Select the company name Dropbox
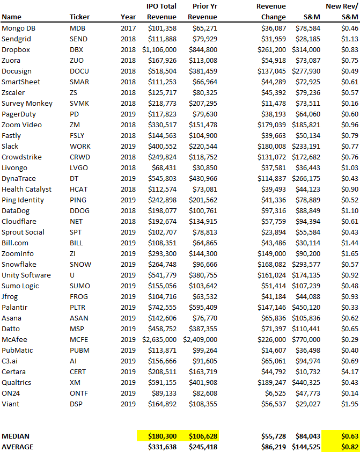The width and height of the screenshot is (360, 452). click(x=16, y=49)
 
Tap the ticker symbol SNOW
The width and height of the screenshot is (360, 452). click(x=80, y=264)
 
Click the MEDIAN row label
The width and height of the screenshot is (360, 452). click(x=16, y=436)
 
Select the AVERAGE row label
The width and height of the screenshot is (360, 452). click(x=17, y=447)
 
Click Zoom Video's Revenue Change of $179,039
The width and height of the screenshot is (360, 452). click(x=271, y=125)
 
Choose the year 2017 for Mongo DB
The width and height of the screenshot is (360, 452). click(x=128, y=28)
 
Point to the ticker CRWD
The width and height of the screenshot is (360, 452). click(x=80, y=157)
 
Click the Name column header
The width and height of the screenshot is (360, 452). click(x=11, y=17)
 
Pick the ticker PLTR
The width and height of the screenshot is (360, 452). click(x=79, y=307)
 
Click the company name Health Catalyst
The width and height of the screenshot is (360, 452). click(x=26, y=189)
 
